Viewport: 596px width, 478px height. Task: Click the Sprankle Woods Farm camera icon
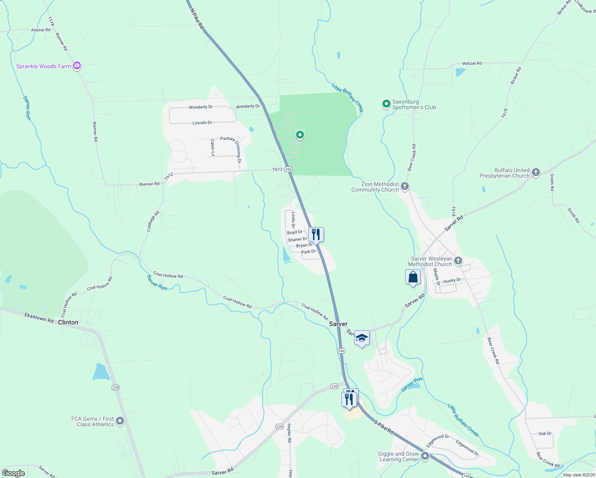(77, 66)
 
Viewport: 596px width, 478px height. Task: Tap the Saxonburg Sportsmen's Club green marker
(386, 104)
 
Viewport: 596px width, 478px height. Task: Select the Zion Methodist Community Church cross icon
(405, 186)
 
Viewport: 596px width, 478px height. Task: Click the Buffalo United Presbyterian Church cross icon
(536, 172)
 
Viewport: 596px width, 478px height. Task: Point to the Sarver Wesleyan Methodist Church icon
(458, 261)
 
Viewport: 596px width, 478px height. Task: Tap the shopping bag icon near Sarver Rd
(413, 277)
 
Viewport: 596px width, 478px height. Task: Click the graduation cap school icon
(362, 338)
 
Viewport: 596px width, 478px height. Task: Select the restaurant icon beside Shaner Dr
(316, 234)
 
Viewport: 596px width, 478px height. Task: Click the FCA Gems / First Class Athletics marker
(120, 421)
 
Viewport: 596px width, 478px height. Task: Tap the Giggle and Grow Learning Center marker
(425, 456)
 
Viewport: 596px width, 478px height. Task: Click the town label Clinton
(68, 322)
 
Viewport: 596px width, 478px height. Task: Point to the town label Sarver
(338, 324)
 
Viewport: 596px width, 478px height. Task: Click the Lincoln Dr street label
(202, 123)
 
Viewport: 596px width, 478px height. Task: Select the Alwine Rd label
(41, 30)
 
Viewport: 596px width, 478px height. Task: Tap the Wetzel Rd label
(472, 63)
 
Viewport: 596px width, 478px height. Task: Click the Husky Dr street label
(452, 280)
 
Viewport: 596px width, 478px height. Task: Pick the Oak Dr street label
(545, 433)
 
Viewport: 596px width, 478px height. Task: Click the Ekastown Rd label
(39, 317)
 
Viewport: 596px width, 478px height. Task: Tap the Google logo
(14, 473)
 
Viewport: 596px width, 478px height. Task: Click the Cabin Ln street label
(213, 147)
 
